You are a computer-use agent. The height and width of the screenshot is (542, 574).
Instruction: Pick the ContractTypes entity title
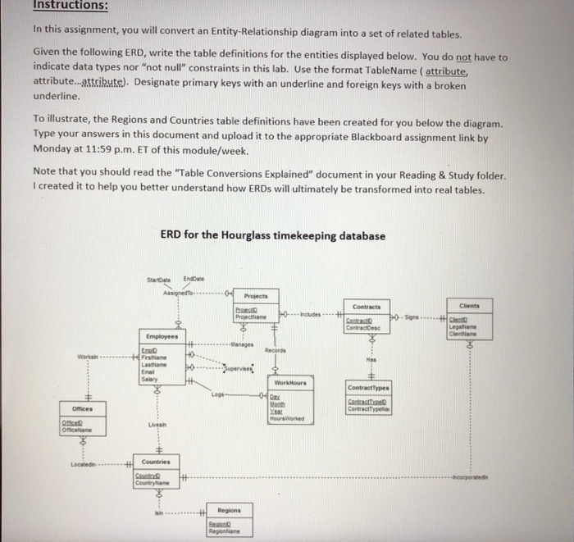(x=367, y=388)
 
